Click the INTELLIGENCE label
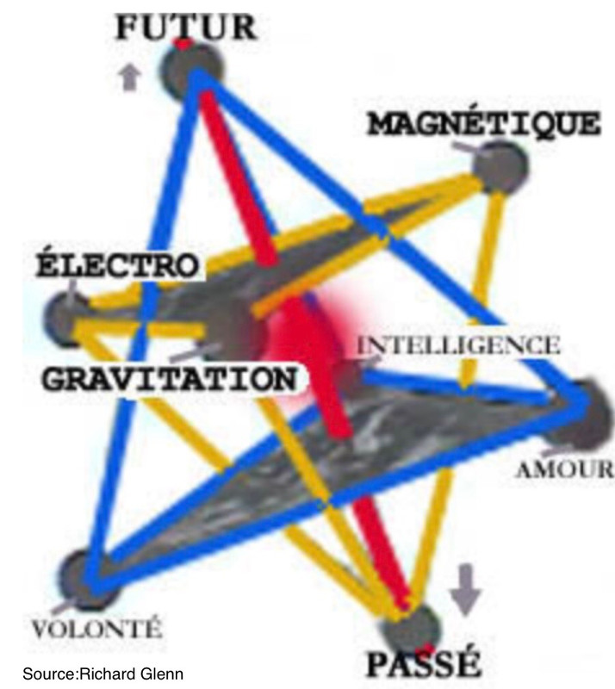(457, 345)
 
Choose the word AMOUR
(563, 470)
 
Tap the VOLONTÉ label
(96, 626)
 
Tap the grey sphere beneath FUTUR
(196, 71)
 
